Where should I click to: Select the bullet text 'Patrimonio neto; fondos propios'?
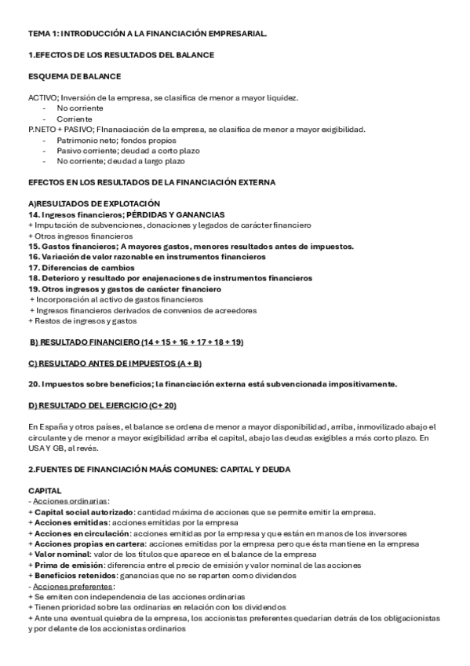click(x=107, y=140)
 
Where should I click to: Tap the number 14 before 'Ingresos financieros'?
click(x=33, y=214)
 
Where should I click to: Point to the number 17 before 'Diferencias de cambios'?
click(x=33, y=267)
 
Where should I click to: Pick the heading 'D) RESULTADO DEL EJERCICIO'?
click(x=102, y=404)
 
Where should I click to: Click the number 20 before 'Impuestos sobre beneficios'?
click(x=33, y=384)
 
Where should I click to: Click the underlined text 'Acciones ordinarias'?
click(x=70, y=501)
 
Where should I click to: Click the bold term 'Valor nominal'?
click(x=60, y=554)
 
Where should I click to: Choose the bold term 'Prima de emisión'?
click(x=65, y=565)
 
